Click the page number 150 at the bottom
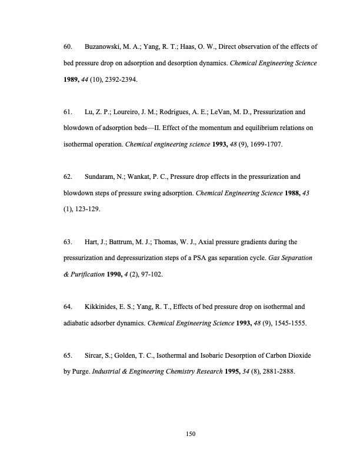[190, 434]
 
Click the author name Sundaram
[101, 176]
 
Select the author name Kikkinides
[102, 307]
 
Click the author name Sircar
[95, 356]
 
